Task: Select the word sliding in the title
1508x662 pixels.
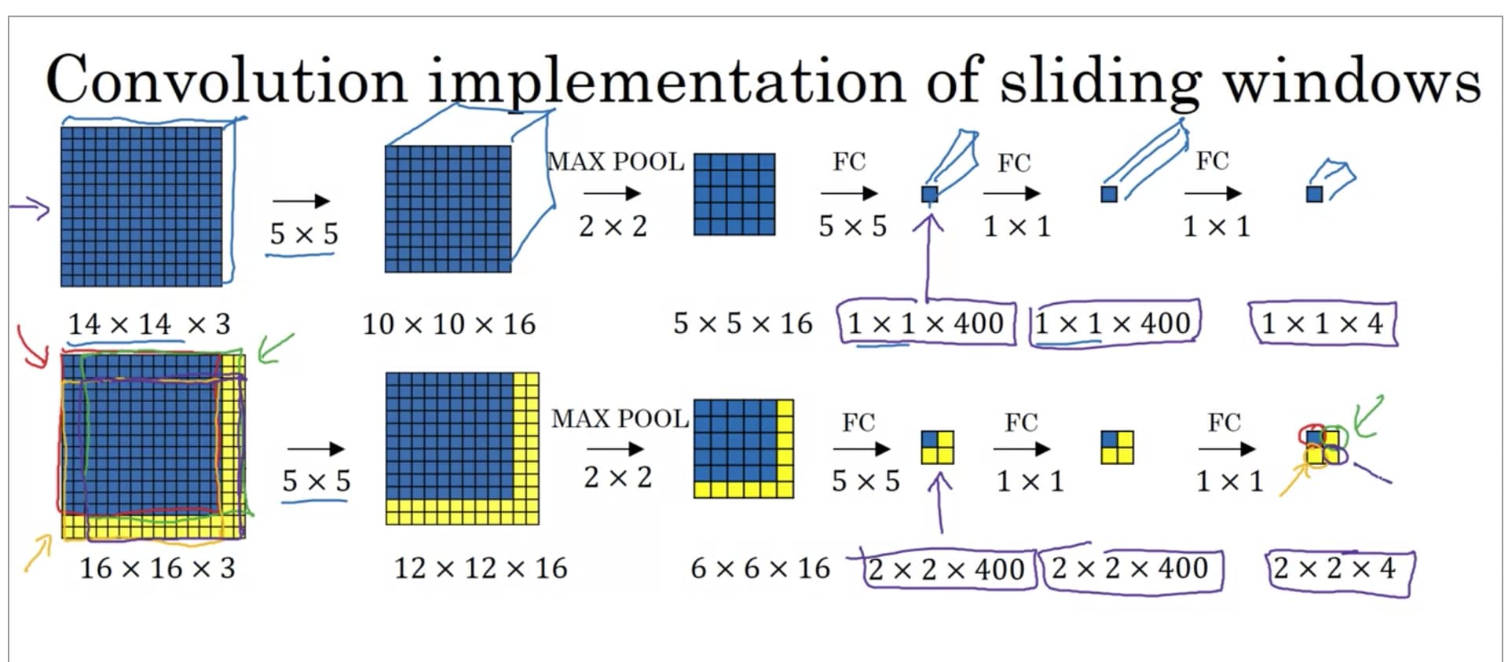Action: coord(1100,82)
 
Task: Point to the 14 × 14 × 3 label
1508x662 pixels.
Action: coord(149,324)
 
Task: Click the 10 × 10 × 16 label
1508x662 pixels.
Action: coord(448,324)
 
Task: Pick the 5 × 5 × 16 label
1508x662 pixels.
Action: coord(742,324)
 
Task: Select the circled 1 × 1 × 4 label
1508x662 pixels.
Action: coord(1322,324)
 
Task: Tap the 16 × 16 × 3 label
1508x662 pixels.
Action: coord(157,568)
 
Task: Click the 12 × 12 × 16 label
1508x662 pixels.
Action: coord(480,568)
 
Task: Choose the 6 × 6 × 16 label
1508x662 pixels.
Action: coord(759,568)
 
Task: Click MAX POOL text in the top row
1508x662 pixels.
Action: coord(616,162)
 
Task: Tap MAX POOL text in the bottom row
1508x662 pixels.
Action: coord(620,419)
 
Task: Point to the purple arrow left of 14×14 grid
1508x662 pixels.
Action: coord(30,208)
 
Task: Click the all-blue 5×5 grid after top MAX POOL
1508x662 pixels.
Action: coord(734,194)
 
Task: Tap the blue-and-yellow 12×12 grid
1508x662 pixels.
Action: coord(462,448)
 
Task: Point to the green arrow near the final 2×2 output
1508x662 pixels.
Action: coord(1369,416)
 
